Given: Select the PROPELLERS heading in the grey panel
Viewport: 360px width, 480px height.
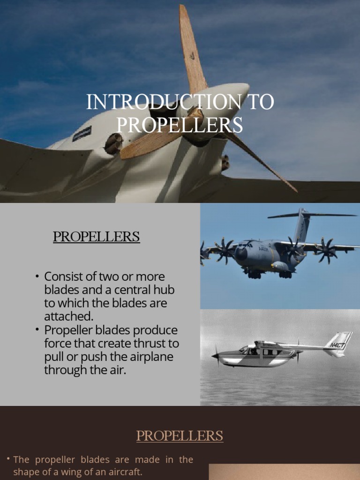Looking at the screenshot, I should tap(96, 237).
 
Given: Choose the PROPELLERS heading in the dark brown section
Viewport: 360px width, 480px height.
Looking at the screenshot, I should tap(180, 436).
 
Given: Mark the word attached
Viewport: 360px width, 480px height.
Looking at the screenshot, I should tap(66, 316).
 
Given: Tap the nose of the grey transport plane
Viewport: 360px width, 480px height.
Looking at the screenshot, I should tap(240, 255).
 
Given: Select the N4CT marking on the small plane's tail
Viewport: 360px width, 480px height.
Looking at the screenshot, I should tap(337, 345).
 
